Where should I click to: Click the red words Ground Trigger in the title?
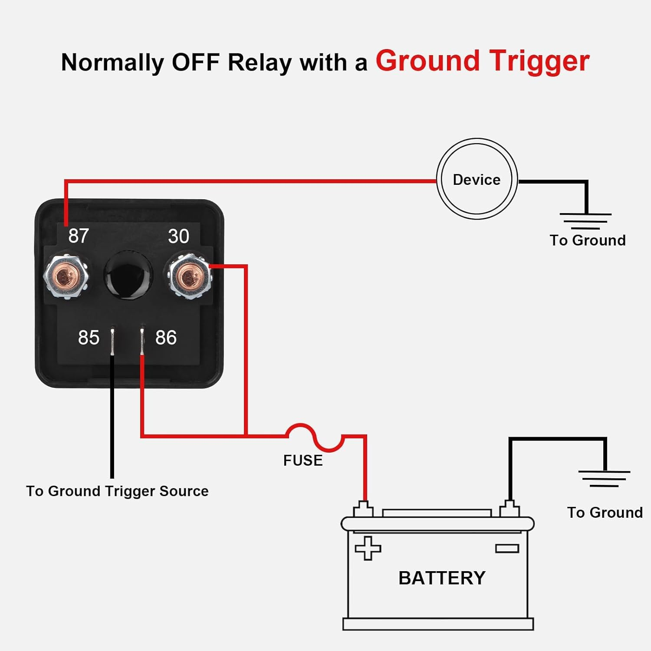[482, 61]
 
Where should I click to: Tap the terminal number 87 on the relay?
[79, 236]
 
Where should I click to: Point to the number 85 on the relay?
[89, 338]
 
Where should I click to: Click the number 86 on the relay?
[166, 338]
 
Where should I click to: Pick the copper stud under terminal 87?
[66, 276]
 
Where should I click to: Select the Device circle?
[477, 179]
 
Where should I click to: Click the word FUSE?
[303, 460]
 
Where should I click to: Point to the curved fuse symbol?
[315, 437]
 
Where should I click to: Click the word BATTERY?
[442, 578]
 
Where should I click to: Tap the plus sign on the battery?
[368, 548]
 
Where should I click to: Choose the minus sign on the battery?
[507, 549]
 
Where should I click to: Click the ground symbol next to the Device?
[585, 220]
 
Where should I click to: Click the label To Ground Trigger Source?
[117, 491]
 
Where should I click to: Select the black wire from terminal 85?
[112, 417]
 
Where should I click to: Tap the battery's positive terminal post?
[364, 509]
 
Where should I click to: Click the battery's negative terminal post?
[510, 509]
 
